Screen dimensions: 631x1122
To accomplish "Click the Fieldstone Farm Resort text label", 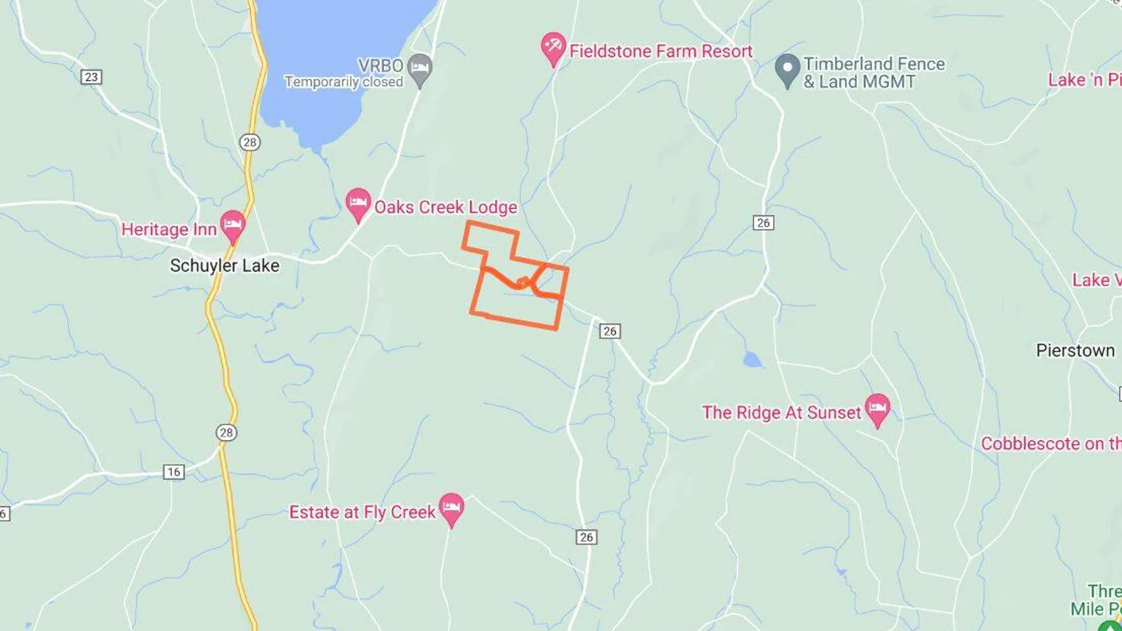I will tap(660, 51).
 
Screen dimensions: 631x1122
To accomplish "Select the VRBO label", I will tap(380, 65).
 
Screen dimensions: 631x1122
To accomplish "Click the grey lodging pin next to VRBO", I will tap(420, 68).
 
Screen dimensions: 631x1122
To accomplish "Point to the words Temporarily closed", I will tap(344, 82).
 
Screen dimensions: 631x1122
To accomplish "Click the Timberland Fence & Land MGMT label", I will tap(874, 72).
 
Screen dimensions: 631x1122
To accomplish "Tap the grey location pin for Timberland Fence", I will tap(787, 69).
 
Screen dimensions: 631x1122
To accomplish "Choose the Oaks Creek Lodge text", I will tap(445, 207).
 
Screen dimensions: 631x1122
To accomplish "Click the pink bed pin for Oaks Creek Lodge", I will tap(358, 203).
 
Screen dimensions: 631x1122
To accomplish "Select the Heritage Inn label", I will tap(169, 230).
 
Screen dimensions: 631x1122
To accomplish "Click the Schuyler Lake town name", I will tap(224, 266).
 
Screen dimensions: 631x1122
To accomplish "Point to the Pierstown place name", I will tap(1075, 351).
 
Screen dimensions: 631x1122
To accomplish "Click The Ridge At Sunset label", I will tap(781, 412).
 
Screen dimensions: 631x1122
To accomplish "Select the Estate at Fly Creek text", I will tap(362, 512).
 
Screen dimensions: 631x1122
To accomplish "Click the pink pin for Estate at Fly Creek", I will tap(451, 508).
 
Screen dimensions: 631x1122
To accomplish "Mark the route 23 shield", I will tap(91, 77).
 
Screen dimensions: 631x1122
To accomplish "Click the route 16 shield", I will tap(174, 472).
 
